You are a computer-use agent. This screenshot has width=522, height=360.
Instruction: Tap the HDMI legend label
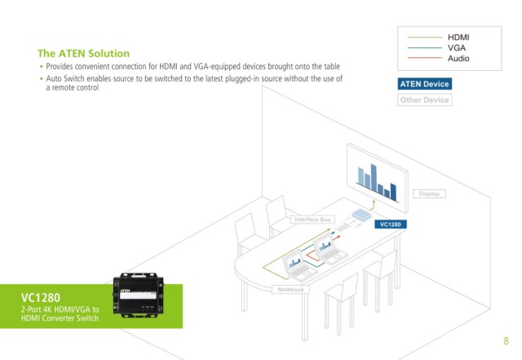458,38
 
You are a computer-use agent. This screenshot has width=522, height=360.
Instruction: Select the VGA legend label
456,48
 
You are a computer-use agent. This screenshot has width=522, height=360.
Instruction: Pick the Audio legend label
458,59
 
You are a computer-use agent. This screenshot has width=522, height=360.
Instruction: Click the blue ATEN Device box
424,84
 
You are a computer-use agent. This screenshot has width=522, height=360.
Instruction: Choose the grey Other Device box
424,100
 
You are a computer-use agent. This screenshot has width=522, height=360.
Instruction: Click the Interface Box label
312,220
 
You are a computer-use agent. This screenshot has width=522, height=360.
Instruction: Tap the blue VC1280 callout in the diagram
390,224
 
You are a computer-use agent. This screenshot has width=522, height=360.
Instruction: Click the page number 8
506,340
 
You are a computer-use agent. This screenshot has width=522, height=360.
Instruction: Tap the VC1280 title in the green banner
42,298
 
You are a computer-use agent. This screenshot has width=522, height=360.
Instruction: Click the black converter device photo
141,295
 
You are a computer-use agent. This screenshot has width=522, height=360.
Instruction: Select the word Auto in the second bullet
55,78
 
